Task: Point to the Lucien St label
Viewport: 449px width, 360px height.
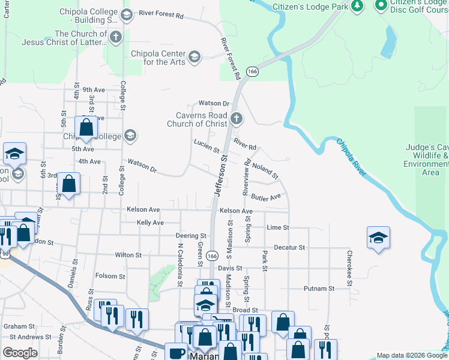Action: click(x=206, y=145)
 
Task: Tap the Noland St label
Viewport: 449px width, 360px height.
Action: click(x=265, y=171)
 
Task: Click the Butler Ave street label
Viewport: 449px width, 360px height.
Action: click(x=266, y=197)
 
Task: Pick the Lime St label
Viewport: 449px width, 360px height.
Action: click(x=278, y=228)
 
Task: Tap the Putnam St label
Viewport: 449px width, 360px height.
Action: click(x=319, y=289)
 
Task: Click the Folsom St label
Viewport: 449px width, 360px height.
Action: click(x=110, y=277)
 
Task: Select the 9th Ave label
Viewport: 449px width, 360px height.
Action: click(x=94, y=89)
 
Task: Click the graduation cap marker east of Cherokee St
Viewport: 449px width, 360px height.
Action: click(x=378, y=238)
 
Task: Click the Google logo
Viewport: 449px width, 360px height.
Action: click(x=20, y=353)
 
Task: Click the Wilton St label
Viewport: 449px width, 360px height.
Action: click(x=128, y=254)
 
